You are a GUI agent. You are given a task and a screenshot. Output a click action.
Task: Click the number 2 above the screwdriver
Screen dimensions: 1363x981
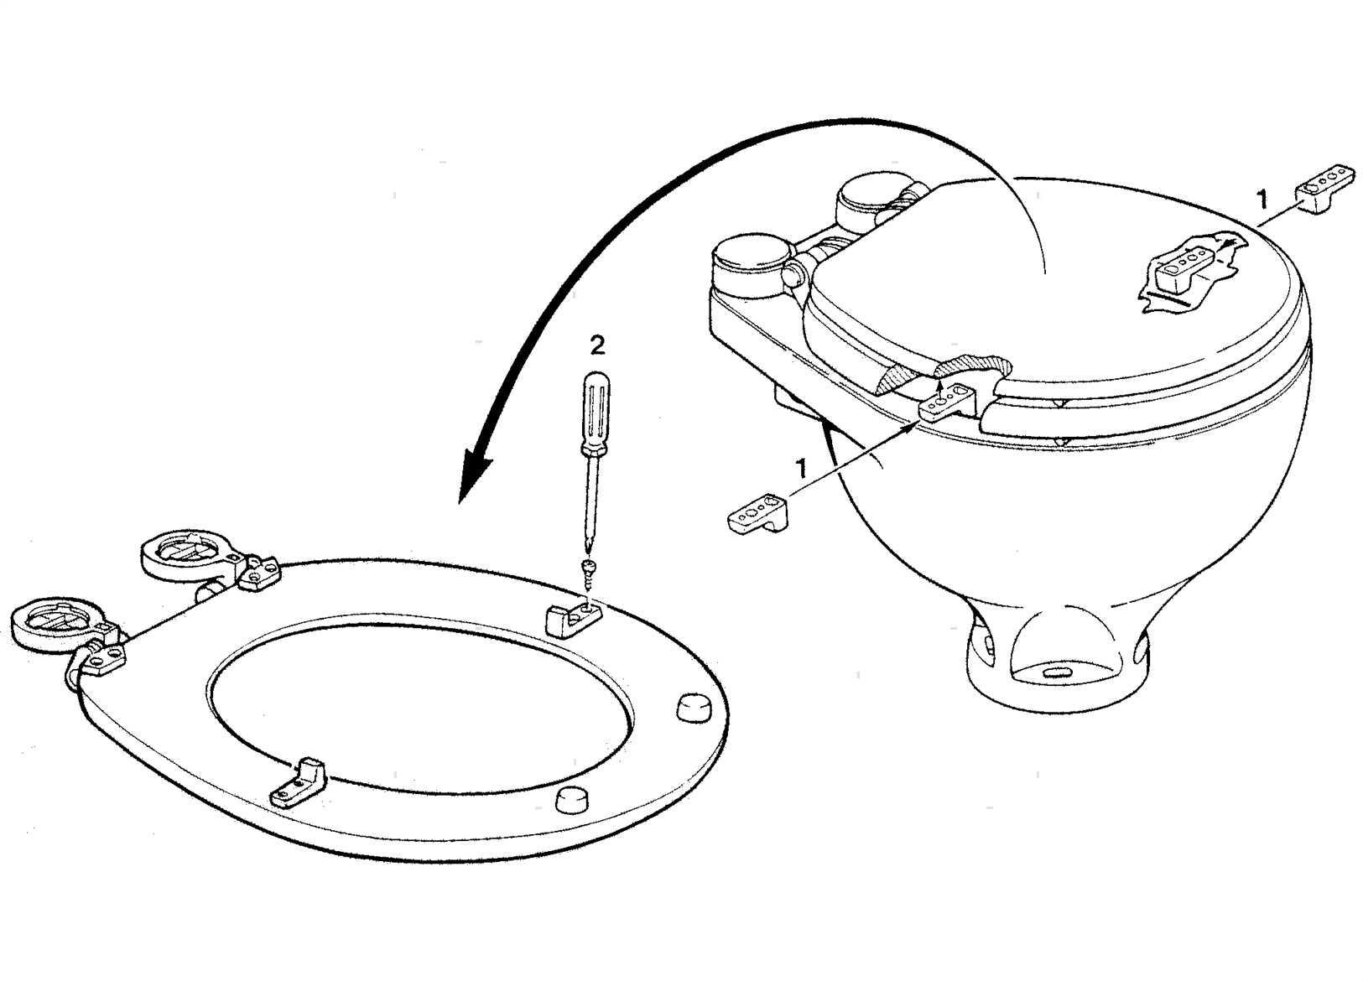point(598,346)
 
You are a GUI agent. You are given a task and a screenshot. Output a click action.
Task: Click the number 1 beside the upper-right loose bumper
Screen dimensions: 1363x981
point(1262,199)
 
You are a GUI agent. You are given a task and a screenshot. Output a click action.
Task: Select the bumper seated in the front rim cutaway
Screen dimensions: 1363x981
point(948,402)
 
